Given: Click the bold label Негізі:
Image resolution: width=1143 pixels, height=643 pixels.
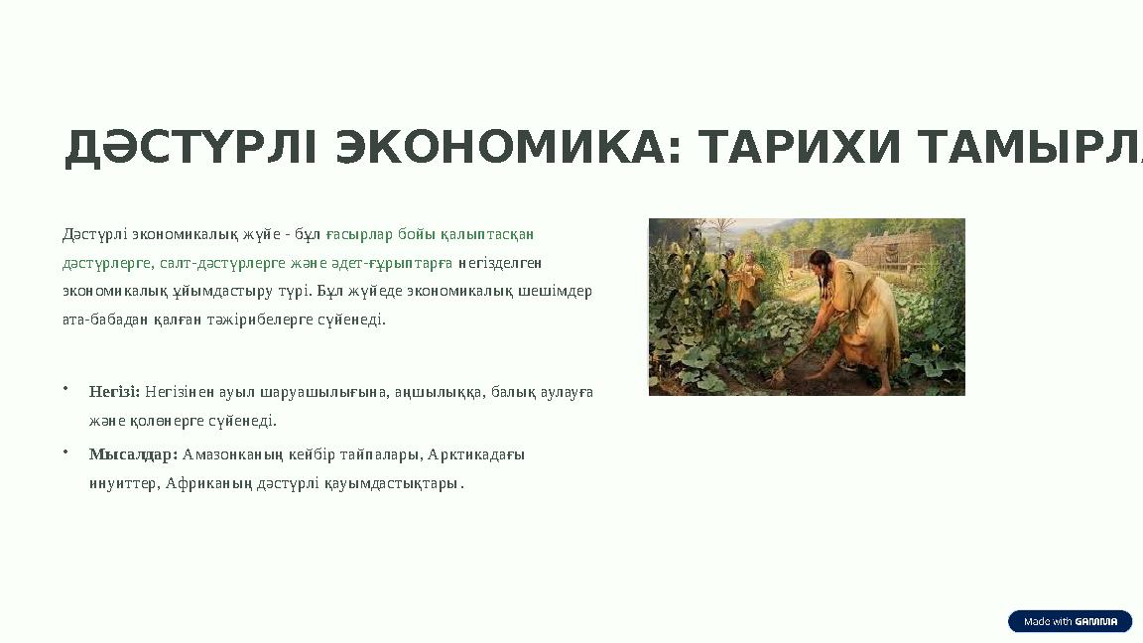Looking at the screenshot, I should point(114,392).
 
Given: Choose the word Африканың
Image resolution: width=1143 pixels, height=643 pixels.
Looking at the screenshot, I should point(209,484).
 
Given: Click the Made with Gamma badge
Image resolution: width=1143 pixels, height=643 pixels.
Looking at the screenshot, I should point(1070,621).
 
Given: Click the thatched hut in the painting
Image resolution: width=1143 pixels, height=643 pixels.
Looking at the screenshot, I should point(892,248).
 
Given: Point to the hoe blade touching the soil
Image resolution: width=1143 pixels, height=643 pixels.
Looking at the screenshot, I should point(778,376).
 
